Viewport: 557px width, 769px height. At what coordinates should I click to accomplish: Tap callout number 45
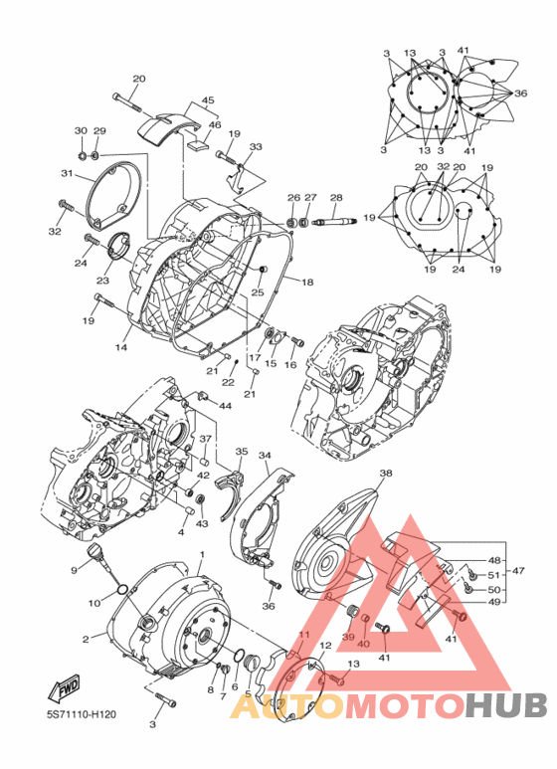208,100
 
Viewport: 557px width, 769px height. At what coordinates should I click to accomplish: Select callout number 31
68,173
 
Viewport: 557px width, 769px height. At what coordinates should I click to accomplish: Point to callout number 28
336,198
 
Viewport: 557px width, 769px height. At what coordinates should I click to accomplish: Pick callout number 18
307,283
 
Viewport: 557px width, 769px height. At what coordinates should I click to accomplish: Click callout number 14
121,347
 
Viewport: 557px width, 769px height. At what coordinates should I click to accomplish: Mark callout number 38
386,474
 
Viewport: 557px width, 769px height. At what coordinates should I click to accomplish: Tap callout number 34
266,456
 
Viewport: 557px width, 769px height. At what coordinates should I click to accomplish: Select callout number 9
74,570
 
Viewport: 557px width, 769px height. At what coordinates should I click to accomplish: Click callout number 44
226,406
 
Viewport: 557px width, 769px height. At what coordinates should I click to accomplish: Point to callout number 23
102,282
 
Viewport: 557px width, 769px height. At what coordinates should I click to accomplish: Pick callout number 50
494,588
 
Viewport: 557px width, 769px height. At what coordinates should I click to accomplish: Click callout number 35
241,452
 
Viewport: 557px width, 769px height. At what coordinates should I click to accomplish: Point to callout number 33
256,146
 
